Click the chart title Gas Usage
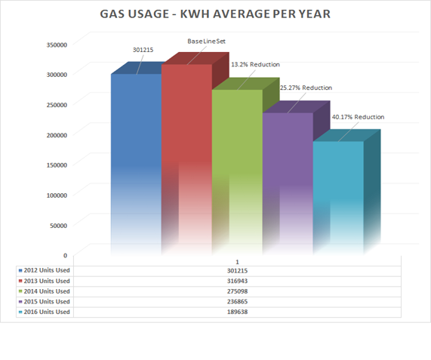click(x=214, y=14)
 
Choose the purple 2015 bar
click(x=288, y=181)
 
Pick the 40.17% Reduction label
click(x=358, y=117)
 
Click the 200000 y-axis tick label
click(x=57, y=134)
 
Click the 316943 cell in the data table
click(x=237, y=281)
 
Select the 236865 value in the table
click(x=237, y=301)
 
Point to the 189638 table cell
click(x=237, y=312)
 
